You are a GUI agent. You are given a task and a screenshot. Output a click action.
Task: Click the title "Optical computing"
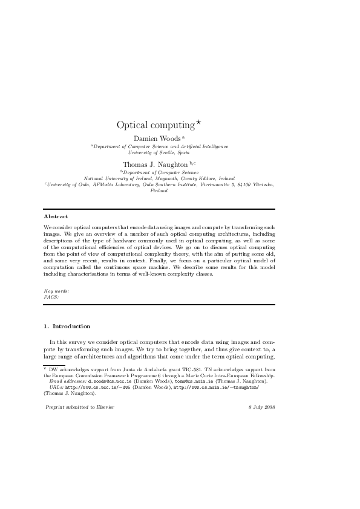coord(155,125)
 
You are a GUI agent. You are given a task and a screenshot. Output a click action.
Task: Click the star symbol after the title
coord(197,122)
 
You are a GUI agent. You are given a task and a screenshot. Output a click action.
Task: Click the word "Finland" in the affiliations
coord(159,190)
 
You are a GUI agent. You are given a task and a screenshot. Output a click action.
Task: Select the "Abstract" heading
coord(56,216)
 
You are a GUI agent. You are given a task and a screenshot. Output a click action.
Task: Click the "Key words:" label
coord(56,291)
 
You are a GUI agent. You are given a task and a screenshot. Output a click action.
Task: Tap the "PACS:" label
coord(52,297)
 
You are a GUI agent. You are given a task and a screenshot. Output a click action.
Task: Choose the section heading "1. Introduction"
coord(67,326)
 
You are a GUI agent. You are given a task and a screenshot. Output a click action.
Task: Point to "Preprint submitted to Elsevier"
coord(80,407)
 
